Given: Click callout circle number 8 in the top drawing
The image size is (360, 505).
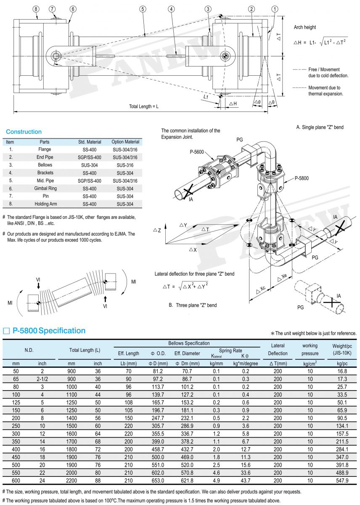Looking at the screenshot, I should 36,9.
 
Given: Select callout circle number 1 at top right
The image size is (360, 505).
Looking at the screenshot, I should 275,9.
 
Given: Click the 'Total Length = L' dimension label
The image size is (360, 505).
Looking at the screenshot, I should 144,106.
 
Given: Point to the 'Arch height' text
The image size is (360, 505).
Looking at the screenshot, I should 305,27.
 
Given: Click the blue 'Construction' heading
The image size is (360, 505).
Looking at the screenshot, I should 24,132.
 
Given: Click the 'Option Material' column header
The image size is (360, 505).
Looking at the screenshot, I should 125,142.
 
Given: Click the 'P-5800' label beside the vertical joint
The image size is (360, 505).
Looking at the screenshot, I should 301,178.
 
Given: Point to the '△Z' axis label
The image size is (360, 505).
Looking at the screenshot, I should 157,230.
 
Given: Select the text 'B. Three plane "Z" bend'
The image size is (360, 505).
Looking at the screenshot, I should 193,305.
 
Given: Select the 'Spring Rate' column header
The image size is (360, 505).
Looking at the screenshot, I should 230,351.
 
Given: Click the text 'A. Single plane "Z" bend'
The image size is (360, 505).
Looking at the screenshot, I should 320,127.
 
